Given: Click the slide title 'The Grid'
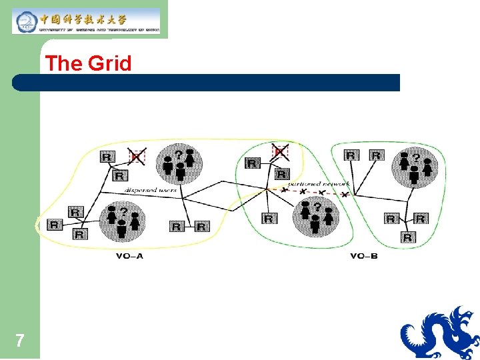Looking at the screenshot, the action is pos(89,64).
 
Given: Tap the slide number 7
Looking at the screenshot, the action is pos(20,341).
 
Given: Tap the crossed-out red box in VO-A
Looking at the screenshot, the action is pos(137,157).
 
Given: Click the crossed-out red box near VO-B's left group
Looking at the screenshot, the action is pos(281,153).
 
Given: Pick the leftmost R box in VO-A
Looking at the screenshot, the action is pos(53,225).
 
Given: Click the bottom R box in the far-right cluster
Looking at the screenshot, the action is pos(408,237).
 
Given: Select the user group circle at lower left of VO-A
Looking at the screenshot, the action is pos(121,222).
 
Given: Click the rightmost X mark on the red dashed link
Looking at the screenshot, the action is pos(344,195).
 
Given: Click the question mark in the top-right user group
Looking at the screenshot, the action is pos(416,158).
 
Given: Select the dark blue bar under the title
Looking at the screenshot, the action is pos(207,83).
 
